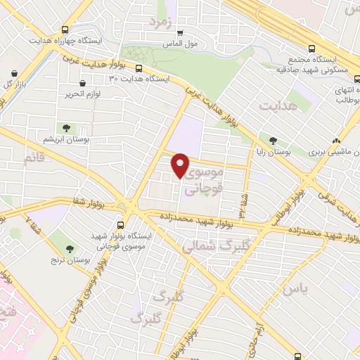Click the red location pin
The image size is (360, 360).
pyautogui.click(x=181, y=165)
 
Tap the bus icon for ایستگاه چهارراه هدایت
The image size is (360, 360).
pyautogui.click(x=65, y=30)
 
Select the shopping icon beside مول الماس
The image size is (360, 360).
pyautogui.click(x=180, y=32)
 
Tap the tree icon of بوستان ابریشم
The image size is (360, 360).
pyautogui.click(x=66, y=128)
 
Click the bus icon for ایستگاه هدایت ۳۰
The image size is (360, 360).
pyautogui.click(x=139, y=69)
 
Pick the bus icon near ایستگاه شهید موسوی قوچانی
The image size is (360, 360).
pyautogui.click(x=121, y=225)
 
